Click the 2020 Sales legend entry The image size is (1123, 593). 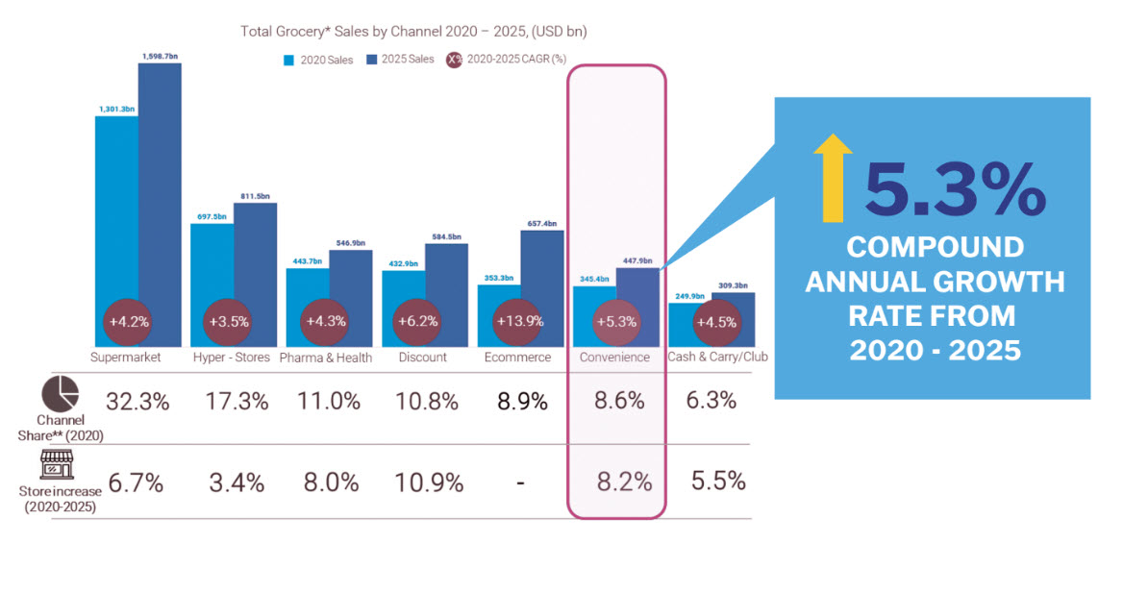click(x=319, y=60)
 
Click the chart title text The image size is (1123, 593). click(x=413, y=32)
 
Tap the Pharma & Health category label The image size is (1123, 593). click(x=327, y=358)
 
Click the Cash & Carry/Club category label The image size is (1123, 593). click(x=711, y=358)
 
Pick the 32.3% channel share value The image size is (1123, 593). click(x=138, y=402)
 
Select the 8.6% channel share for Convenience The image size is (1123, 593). click(x=619, y=402)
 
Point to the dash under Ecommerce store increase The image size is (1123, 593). click(x=520, y=482)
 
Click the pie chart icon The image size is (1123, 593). click(x=62, y=394)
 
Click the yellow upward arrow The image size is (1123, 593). click(x=832, y=178)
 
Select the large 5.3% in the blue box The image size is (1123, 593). click(x=954, y=188)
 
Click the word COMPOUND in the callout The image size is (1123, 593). click(x=934, y=247)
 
